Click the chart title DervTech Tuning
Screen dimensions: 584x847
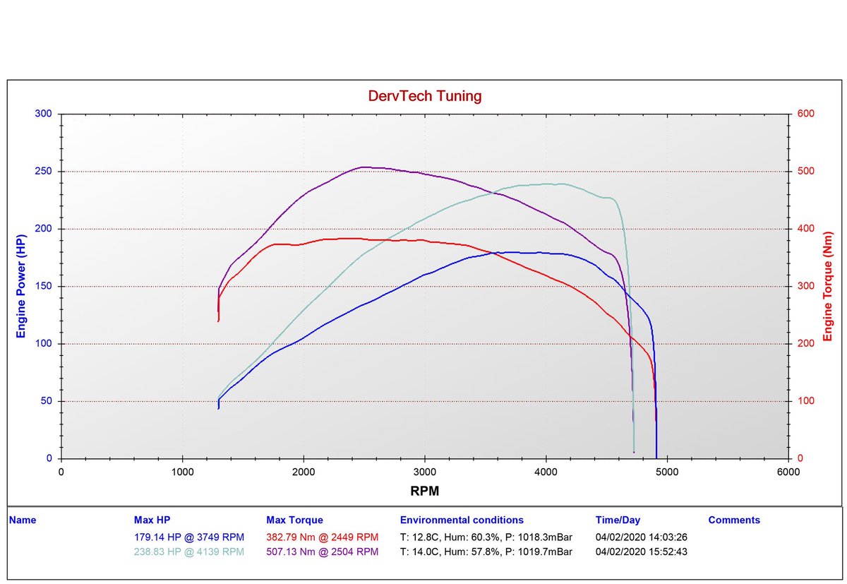pos(425,96)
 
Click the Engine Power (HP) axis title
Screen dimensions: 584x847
pos(21,286)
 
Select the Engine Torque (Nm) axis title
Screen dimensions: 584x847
pos(829,286)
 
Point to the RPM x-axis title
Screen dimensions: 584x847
pos(425,490)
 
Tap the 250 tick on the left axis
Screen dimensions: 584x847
pos(42,172)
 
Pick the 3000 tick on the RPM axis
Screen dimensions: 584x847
pos(425,471)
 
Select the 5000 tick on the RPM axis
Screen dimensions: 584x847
pos(667,471)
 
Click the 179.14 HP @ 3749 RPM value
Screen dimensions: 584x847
pos(189,537)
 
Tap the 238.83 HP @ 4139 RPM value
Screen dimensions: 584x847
pos(189,552)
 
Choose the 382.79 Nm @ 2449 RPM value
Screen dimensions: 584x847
pos(323,537)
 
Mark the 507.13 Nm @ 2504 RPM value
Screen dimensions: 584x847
pos(323,552)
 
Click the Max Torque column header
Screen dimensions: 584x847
pos(294,520)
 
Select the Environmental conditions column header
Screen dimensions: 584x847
pos(462,520)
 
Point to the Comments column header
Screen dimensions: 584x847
pos(734,520)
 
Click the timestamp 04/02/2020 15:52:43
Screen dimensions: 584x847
pos(640,552)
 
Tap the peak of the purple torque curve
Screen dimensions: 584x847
pos(364,167)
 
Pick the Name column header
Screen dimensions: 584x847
pos(23,520)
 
